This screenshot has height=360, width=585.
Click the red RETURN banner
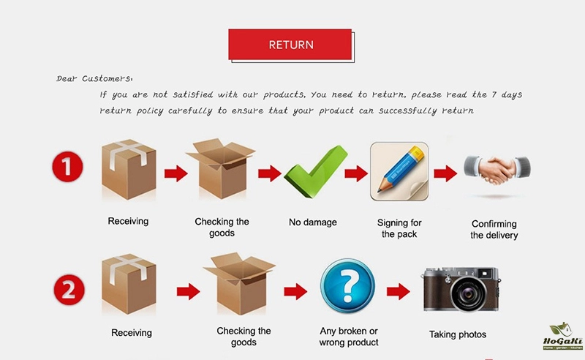click(290, 45)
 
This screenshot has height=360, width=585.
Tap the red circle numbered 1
click(67, 167)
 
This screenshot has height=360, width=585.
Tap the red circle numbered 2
click(69, 290)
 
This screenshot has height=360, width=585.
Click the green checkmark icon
click(316, 171)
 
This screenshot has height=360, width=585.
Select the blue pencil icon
click(399, 171)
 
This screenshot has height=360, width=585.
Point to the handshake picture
click(497, 170)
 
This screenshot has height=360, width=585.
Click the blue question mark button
click(347, 285)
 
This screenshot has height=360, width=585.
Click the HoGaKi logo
click(562, 336)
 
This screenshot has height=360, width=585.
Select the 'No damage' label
click(313, 222)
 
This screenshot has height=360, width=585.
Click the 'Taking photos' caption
click(458, 334)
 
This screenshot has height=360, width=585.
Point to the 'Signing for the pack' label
click(399, 228)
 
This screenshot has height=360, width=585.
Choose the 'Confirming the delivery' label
click(494, 229)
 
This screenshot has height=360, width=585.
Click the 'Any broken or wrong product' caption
click(349, 337)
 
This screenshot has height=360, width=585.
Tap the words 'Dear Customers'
click(94, 78)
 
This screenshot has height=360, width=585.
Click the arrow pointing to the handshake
click(445, 173)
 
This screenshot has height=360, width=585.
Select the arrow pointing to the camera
click(398, 291)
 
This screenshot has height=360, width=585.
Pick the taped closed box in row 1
click(129, 169)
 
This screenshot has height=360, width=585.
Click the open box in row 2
click(239, 283)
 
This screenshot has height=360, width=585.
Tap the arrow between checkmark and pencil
click(356, 173)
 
